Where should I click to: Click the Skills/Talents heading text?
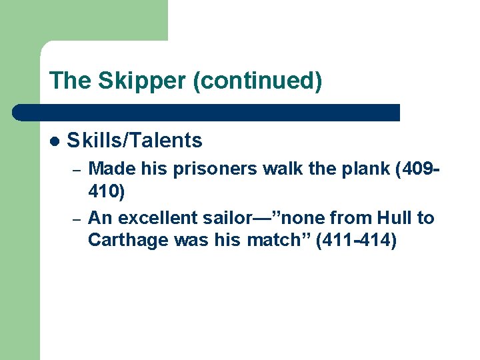[135, 140]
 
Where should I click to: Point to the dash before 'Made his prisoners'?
[77, 171]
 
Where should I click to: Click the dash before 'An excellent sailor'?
[77, 219]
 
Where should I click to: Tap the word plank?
[364, 169]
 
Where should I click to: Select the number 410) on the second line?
[107, 193]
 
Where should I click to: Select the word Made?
[109, 169]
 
